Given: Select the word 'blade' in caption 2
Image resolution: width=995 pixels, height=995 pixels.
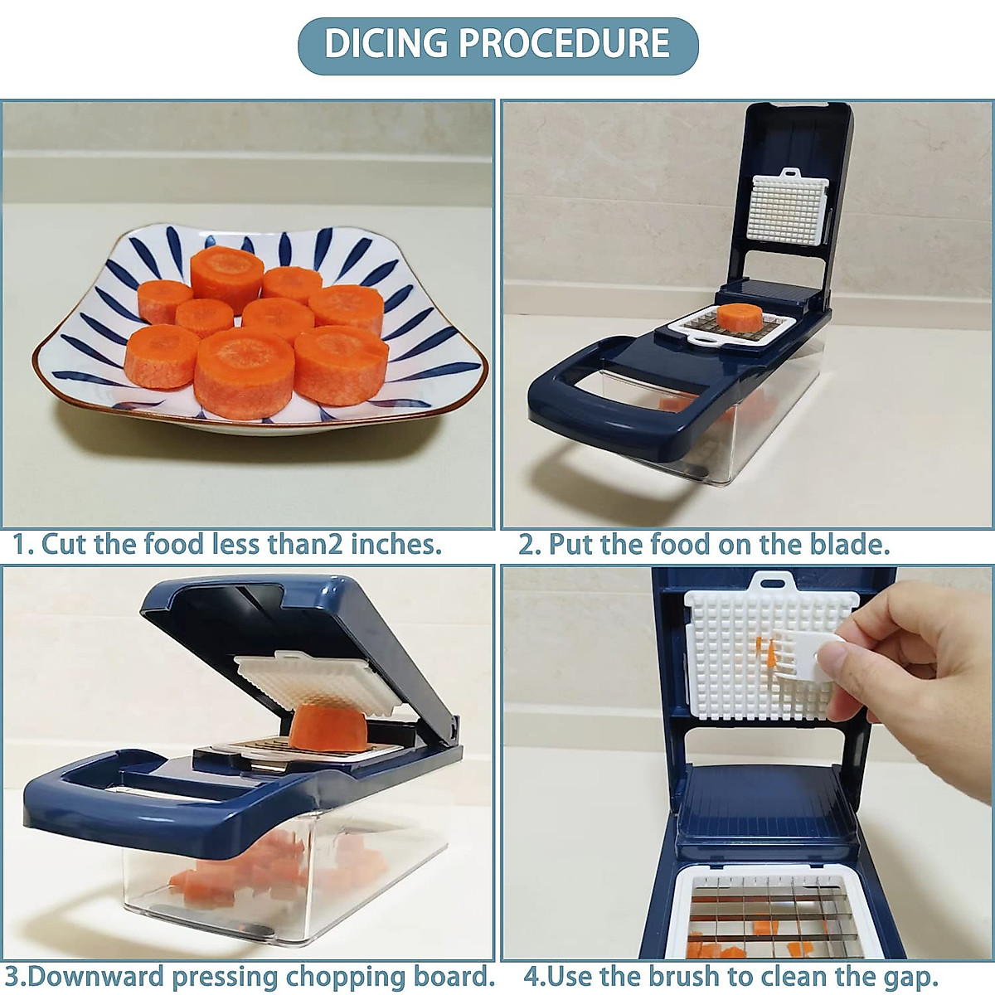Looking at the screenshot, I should click(x=846, y=545).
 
